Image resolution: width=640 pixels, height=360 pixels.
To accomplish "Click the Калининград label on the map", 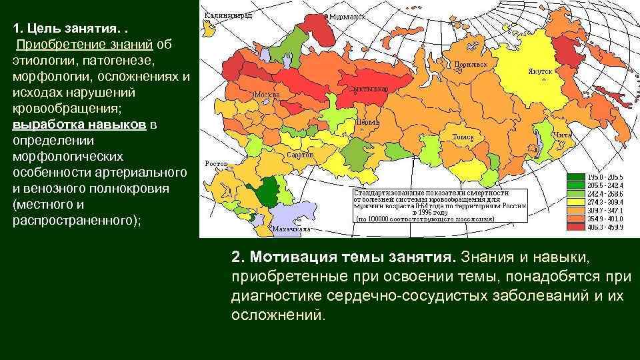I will [228, 15].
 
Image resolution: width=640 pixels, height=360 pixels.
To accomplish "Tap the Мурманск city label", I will [349, 15].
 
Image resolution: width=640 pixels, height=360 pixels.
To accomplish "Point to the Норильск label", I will [471, 65].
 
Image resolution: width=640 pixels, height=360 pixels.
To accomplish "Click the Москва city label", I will [267, 94].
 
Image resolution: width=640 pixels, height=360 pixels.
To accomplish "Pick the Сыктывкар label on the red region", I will [364, 88].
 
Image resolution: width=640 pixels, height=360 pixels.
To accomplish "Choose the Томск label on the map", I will [463, 137].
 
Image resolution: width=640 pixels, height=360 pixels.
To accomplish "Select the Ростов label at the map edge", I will [216, 163].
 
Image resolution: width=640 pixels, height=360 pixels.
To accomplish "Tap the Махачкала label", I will [291, 229].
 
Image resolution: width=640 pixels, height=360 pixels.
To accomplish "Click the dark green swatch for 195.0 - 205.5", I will [575, 177].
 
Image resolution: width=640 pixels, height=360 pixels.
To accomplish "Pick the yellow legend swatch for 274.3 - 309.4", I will [575, 201].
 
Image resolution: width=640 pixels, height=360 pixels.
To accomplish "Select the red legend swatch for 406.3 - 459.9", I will [575, 225].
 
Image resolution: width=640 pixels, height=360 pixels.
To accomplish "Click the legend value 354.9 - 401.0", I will [605, 217].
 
